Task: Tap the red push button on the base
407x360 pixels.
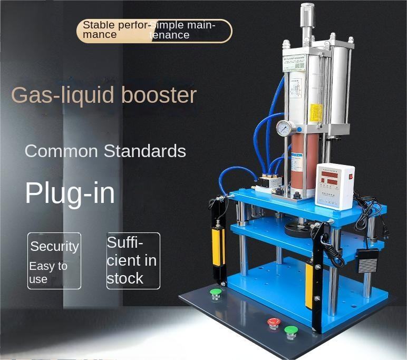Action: tap(273, 322)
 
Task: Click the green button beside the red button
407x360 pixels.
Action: tap(290, 332)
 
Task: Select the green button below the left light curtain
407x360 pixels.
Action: tap(215, 293)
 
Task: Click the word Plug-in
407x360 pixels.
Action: tap(70, 193)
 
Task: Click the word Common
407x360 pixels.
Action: tap(61, 151)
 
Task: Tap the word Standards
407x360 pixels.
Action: tap(144, 151)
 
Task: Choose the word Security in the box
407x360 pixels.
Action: tap(54, 246)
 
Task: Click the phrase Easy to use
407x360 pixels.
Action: tap(48, 273)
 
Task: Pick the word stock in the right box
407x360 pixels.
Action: tap(125, 278)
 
